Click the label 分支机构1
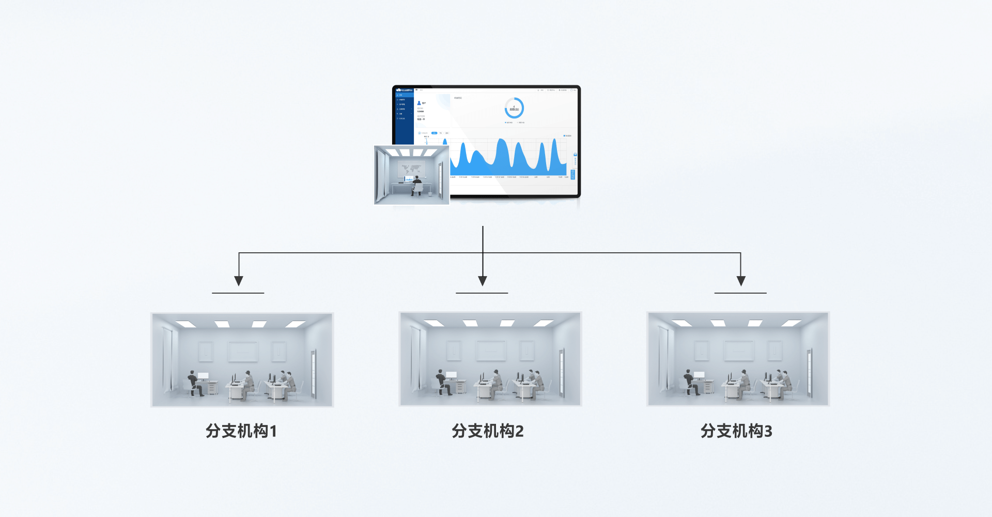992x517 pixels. click(241, 431)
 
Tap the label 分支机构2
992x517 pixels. click(488, 431)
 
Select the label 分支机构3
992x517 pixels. click(736, 431)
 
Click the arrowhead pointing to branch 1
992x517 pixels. click(239, 281)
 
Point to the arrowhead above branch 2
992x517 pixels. click(483, 281)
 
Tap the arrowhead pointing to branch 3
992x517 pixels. click(741, 281)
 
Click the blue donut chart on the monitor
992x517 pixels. click(514, 109)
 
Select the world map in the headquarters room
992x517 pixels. click(411, 169)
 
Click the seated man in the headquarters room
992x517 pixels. click(416, 185)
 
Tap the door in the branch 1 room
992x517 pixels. click(313, 374)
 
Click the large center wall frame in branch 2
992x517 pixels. click(491, 351)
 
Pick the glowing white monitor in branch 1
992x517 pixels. click(204, 376)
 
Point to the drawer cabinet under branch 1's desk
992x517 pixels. click(212, 388)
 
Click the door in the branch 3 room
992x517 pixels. click(809, 373)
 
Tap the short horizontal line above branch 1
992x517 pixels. click(238, 293)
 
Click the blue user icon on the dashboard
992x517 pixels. click(419, 103)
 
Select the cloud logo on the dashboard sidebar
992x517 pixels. click(399, 90)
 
